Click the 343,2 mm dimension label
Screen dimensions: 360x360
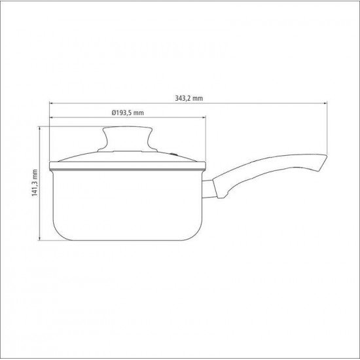pos(189,98)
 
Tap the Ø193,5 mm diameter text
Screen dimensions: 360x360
pos(128,113)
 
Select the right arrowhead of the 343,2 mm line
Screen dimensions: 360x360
pos(325,103)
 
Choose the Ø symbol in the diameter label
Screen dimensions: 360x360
pos(114,113)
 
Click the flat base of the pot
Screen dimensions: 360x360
pos(128,239)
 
